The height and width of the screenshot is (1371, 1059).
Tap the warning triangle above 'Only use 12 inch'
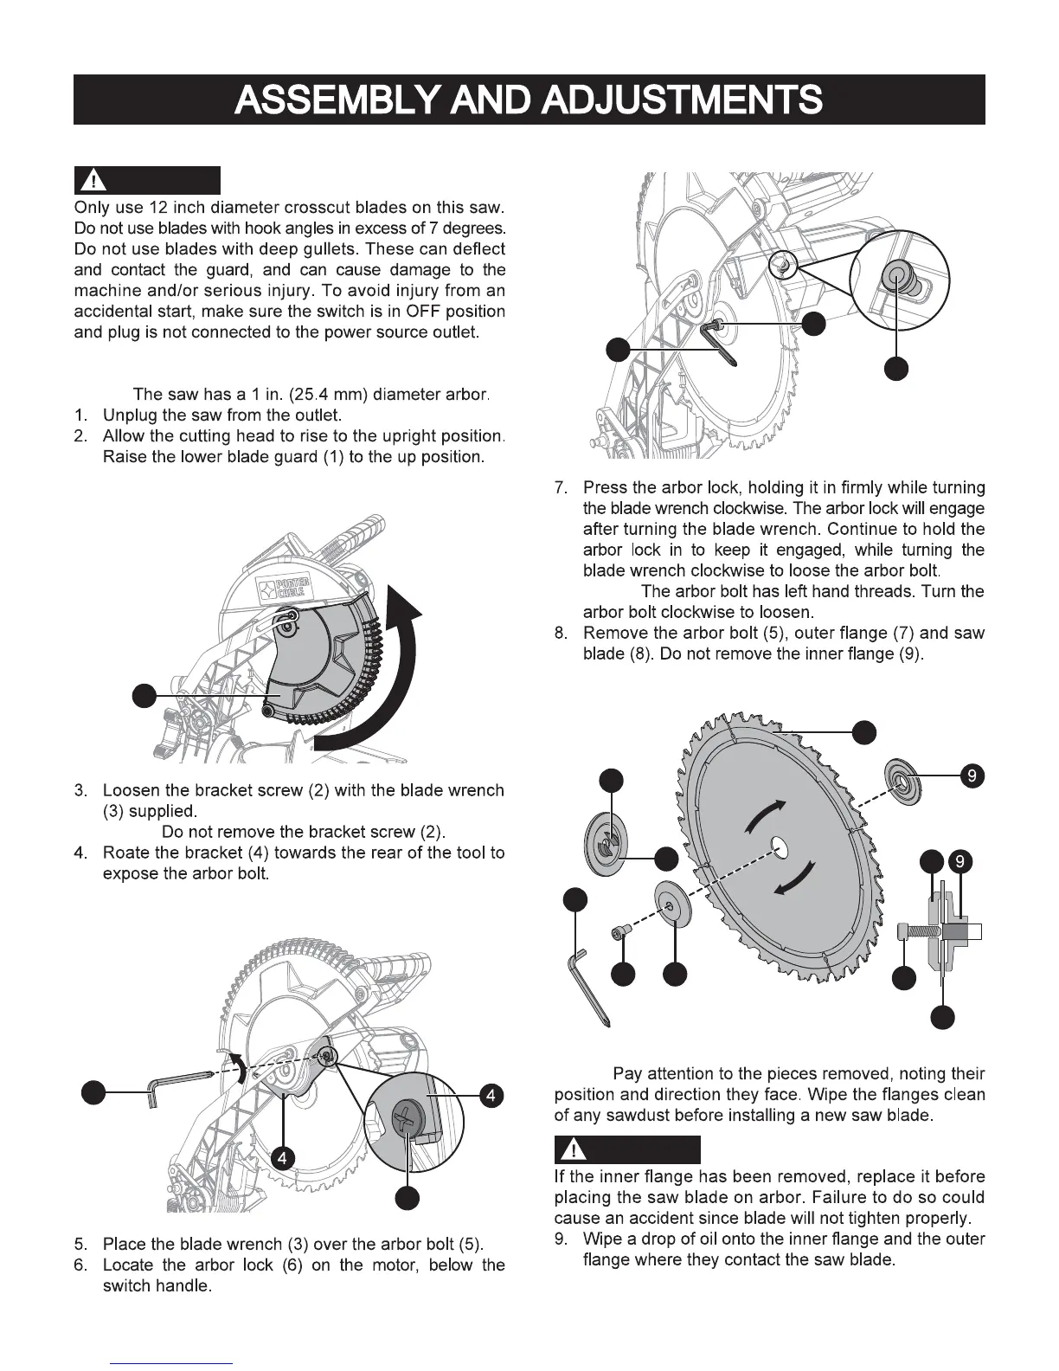pyautogui.click(x=93, y=181)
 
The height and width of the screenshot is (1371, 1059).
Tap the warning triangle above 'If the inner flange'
pyautogui.click(x=572, y=1150)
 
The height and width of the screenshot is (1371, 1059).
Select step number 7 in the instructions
pyautogui.click(x=560, y=487)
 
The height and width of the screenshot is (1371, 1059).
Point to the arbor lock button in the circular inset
pyautogui.click(x=894, y=278)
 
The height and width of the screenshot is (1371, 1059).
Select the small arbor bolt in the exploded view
pyautogui.click(x=619, y=931)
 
